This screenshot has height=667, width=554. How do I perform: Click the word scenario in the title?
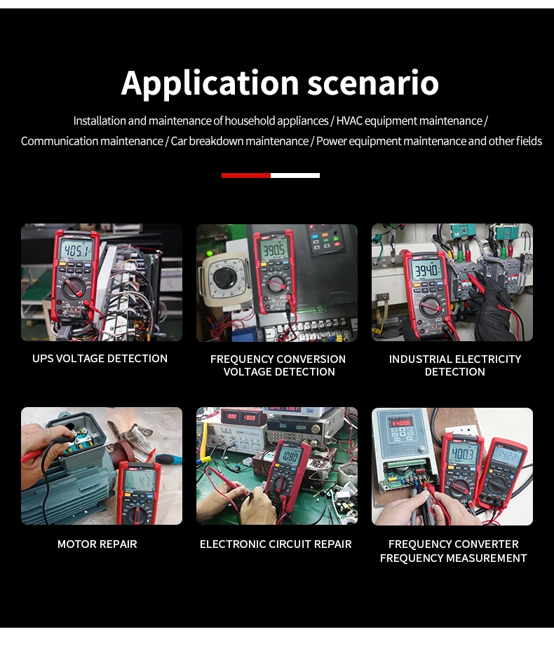click(373, 83)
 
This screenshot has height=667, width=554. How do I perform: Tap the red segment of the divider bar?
click(245, 175)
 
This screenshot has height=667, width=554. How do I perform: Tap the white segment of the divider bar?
click(295, 175)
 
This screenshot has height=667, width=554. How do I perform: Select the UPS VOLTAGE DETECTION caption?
click(100, 359)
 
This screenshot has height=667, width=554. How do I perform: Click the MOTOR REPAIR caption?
click(97, 544)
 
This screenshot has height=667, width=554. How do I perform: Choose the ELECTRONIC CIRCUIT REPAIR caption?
click(276, 544)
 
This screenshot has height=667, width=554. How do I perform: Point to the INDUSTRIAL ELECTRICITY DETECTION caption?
click(455, 366)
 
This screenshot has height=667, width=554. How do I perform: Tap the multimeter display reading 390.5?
click(274, 250)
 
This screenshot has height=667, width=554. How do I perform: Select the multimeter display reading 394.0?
click(426, 270)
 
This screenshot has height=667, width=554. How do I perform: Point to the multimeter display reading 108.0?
click(290, 457)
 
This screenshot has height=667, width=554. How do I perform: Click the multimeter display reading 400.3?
click(463, 454)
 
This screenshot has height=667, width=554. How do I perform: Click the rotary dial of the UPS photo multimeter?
click(72, 289)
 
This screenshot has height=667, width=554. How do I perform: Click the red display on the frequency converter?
click(401, 423)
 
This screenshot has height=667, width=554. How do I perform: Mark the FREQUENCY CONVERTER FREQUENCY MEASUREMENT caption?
click(453, 551)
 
